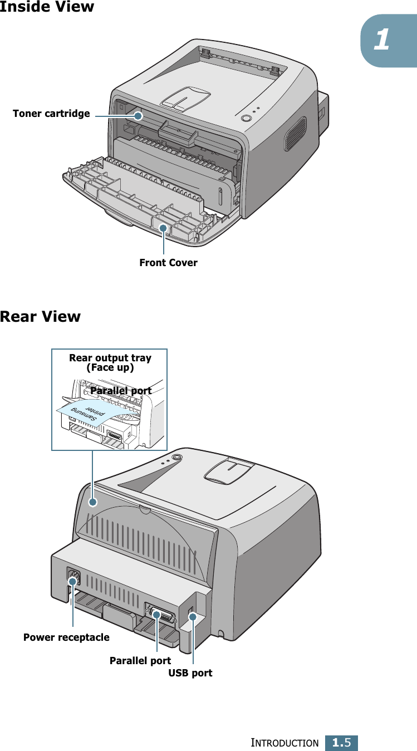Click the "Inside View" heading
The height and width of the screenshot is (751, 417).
(x=47, y=7)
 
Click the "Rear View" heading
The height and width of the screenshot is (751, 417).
(x=40, y=317)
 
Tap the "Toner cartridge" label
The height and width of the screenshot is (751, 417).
(x=51, y=114)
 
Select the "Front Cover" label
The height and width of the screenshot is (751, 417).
(x=168, y=263)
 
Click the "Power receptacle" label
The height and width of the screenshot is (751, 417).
(x=66, y=637)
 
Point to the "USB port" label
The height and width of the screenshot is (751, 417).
(x=190, y=673)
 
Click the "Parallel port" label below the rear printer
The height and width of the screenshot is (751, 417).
(x=140, y=661)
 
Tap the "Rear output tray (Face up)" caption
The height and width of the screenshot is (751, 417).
(x=110, y=362)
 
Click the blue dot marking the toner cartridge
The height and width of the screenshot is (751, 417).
(x=139, y=116)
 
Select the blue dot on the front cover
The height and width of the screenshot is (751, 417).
(x=163, y=228)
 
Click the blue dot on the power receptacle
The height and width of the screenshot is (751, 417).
(x=72, y=581)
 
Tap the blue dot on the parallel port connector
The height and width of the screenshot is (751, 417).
(x=157, y=615)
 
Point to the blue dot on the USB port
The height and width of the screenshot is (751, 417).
(x=193, y=616)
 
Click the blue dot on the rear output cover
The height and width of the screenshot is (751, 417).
(x=94, y=502)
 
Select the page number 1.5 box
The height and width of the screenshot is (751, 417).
(x=341, y=742)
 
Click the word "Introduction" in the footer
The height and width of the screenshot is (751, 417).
(x=284, y=743)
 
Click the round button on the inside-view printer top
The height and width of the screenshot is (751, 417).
(x=247, y=118)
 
